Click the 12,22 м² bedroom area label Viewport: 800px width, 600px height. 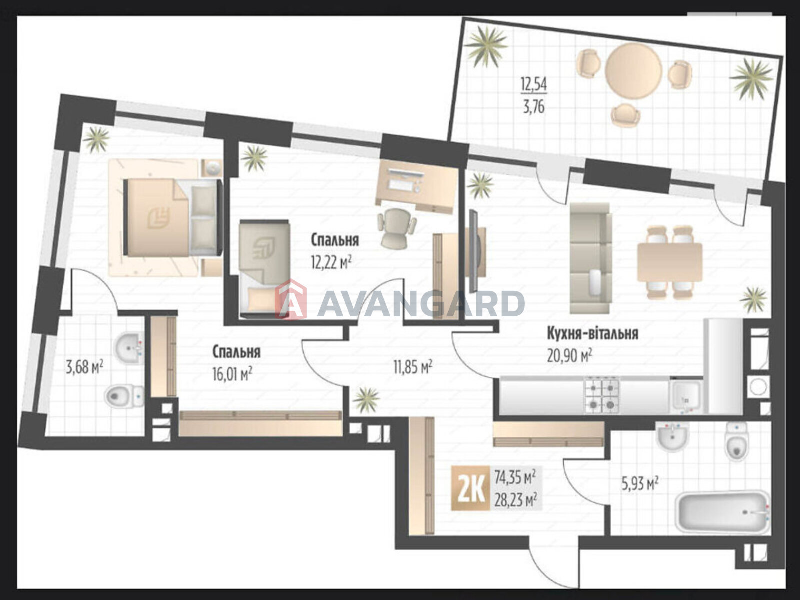331,262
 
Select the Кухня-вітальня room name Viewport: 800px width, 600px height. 593,334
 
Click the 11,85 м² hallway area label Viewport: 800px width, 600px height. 413,367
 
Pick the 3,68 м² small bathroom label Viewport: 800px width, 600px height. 84,367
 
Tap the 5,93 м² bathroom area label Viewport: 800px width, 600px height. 640,484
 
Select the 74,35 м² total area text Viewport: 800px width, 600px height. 515,476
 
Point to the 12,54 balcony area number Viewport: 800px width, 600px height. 534,85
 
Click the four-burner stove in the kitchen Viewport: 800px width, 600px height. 602,396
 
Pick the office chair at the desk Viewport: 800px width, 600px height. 396,229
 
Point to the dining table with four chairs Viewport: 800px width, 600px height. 670,262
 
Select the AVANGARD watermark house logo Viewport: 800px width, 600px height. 290,300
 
